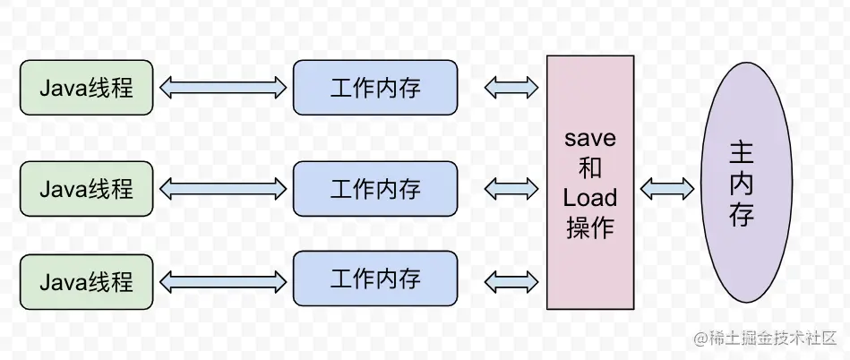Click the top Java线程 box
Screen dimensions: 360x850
[87, 88]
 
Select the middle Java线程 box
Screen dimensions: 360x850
[87, 188]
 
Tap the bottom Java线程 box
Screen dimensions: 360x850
[87, 281]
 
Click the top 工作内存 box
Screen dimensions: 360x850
[375, 88]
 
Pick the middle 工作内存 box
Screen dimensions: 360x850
[375, 188]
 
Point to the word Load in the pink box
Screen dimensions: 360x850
[590, 198]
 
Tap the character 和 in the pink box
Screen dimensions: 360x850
[590, 169]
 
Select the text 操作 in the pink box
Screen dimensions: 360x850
[590, 227]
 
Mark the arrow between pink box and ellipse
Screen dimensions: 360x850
[667, 188]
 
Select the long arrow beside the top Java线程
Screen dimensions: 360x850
[223, 88]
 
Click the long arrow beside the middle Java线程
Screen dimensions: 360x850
[223, 189]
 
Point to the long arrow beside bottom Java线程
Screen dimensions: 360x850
[223, 282]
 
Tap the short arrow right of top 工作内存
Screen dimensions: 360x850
[511, 88]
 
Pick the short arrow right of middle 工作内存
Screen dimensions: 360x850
[511, 189]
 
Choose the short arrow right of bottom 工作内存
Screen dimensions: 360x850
[511, 282]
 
